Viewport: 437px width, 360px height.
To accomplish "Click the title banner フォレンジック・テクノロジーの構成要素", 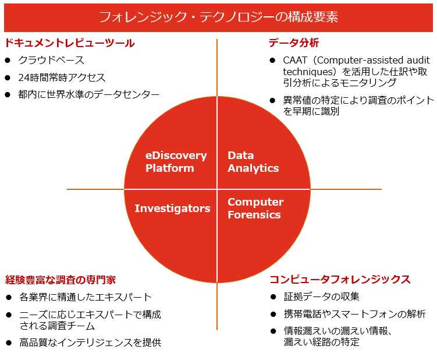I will coord(218,17).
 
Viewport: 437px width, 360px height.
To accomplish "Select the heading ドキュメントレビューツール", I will coord(69,44).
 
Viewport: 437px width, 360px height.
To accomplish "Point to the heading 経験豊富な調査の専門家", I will coord(61,280).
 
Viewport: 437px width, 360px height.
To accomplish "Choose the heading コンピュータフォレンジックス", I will coord(340,280).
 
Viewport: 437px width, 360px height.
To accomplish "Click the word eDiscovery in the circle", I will coord(176,156).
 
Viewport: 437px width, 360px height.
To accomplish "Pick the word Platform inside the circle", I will coord(169,168).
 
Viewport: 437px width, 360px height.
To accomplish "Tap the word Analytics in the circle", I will coord(253,168).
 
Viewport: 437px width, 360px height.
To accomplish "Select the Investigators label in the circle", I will coord(172,208).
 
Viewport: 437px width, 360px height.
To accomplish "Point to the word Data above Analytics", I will coord(240,156).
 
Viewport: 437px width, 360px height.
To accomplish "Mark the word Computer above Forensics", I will coord(255,202).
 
